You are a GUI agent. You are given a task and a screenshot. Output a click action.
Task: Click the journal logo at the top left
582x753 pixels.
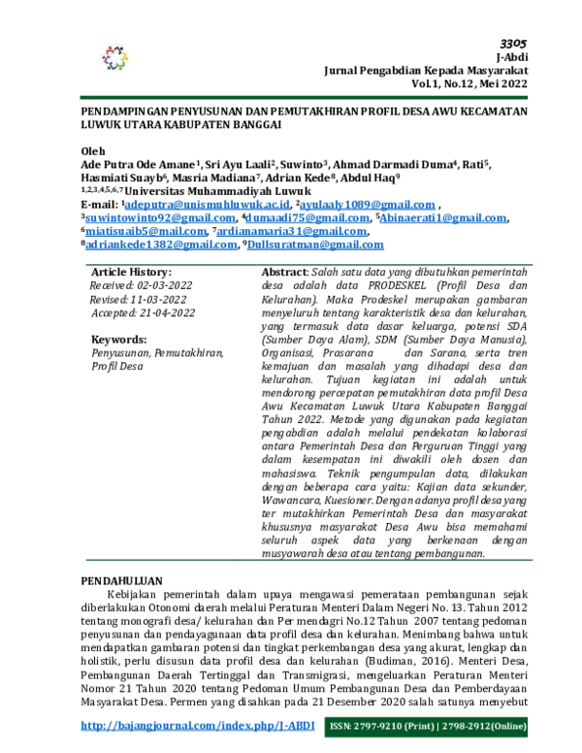point(114,58)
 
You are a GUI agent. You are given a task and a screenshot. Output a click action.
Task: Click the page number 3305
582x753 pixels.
point(512,44)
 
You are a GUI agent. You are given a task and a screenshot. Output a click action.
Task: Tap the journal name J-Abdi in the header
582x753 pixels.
point(510,57)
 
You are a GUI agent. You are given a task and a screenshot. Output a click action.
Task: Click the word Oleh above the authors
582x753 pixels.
point(91,152)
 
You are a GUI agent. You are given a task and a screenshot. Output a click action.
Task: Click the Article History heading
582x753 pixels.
point(131,272)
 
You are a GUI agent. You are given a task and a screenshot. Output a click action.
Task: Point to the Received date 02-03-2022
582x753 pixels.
point(139,285)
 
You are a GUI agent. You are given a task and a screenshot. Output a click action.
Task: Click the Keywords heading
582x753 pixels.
point(118,340)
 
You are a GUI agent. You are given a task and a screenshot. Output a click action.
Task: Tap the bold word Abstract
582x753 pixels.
point(285,272)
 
